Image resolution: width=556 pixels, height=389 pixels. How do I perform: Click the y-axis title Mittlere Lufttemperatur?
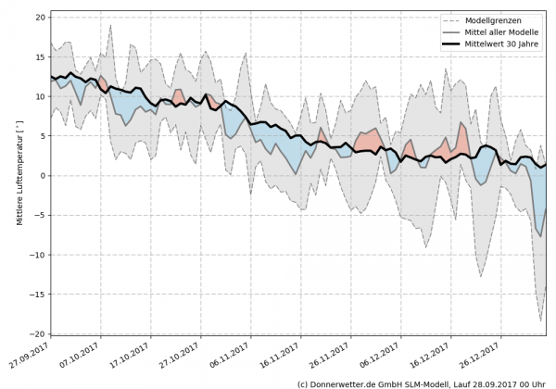tap(19, 177)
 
